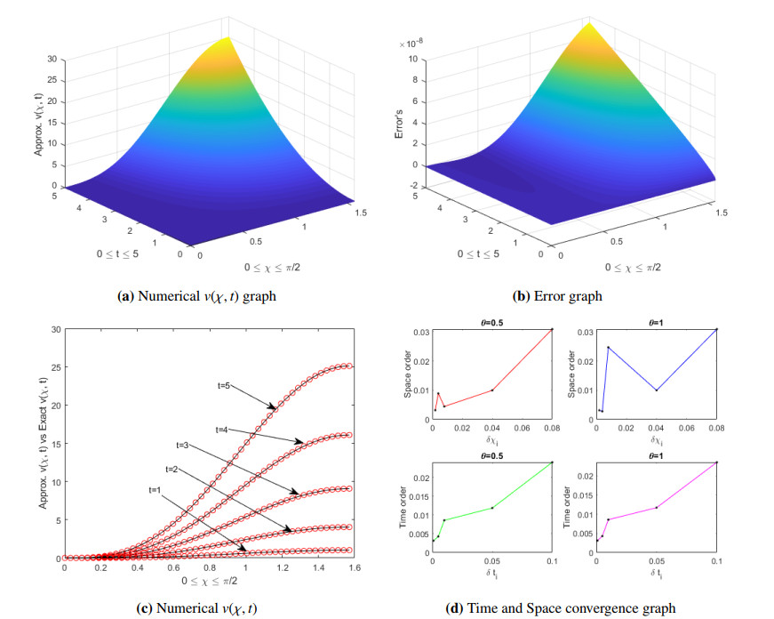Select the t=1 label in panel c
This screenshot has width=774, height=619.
point(156,490)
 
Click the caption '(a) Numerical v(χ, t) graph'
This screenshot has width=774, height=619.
point(196,296)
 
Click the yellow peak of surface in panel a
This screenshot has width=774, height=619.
point(229,38)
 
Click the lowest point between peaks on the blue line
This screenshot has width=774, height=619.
point(656,390)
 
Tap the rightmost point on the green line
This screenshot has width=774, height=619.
point(552,462)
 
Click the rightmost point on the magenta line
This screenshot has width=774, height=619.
point(716,462)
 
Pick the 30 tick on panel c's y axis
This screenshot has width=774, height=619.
point(54,329)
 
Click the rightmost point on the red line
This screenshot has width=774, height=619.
point(552,329)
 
